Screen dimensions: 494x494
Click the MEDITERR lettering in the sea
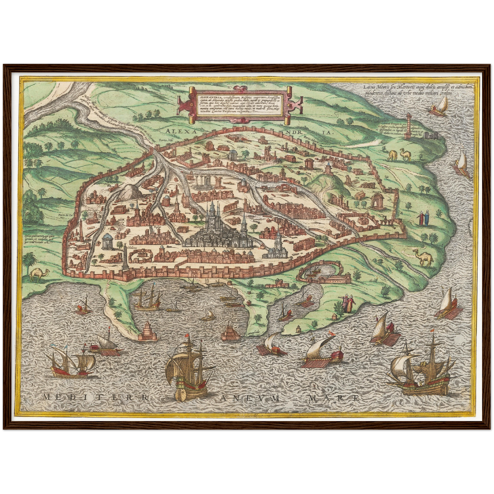pyautogui.click(x=96, y=397)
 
